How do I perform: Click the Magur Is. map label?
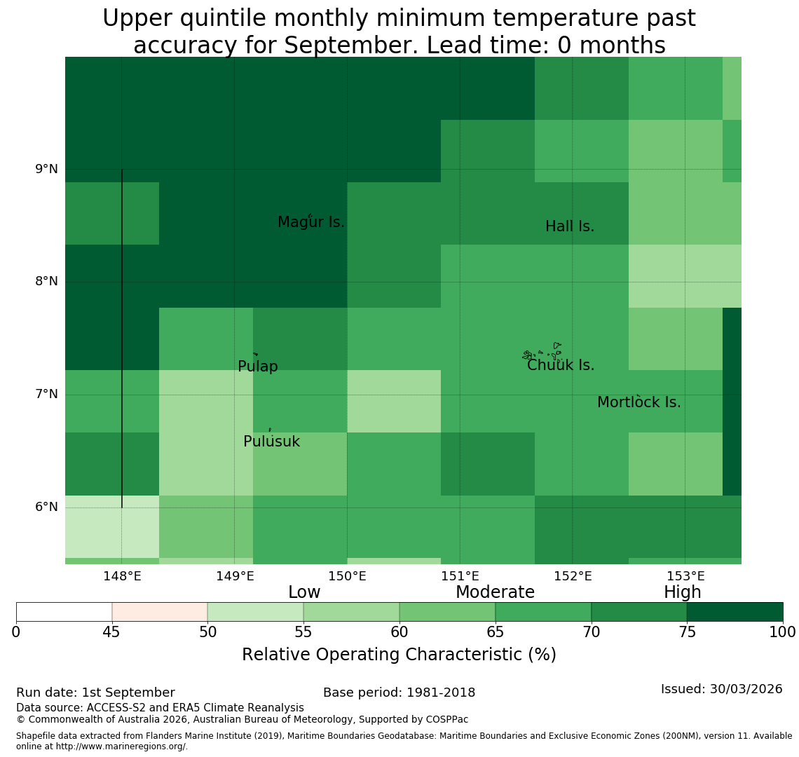[310, 222]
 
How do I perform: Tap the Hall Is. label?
[570, 226]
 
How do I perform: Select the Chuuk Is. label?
[561, 365]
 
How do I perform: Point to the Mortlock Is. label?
[639, 402]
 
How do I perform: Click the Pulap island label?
[258, 367]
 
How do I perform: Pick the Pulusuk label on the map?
[272, 442]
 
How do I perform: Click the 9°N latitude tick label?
[46, 169]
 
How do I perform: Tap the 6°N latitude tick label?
[46, 507]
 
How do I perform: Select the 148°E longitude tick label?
[122, 576]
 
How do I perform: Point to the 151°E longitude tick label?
[460, 576]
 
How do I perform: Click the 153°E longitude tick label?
[686, 576]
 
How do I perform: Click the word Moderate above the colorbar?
[495, 592]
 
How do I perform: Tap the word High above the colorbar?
[683, 592]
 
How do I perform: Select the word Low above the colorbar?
[304, 592]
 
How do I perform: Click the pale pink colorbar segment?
[160, 612]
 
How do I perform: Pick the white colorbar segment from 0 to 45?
[64, 612]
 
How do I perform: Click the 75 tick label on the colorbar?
[688, 632]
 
